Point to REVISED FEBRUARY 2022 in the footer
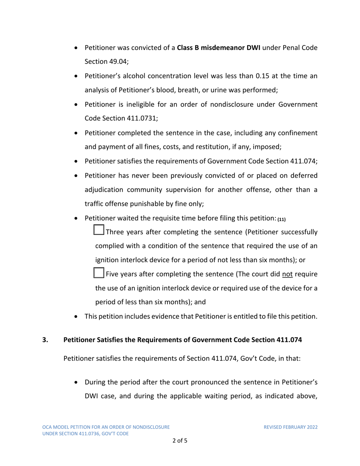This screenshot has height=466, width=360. (x=291, y=427)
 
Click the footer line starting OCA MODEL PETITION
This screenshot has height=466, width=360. (x=106, y=427)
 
